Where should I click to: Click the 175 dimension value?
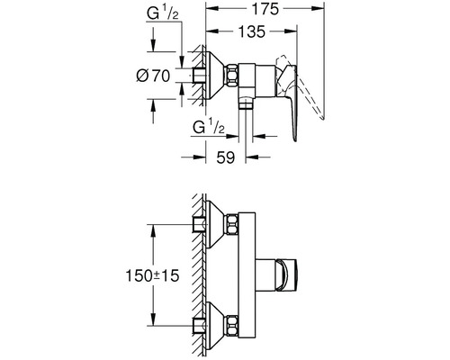[265, 9]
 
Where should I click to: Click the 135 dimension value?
[251, 31]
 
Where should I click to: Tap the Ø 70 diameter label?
[153, 76]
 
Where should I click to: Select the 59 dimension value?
[226, 157]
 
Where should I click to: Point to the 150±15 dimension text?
[152, 275]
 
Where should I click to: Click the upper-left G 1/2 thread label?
[162, 13]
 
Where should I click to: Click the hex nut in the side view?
[232, 76]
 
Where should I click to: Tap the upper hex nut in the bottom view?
[232, 224]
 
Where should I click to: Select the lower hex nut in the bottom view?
[232, 326]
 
